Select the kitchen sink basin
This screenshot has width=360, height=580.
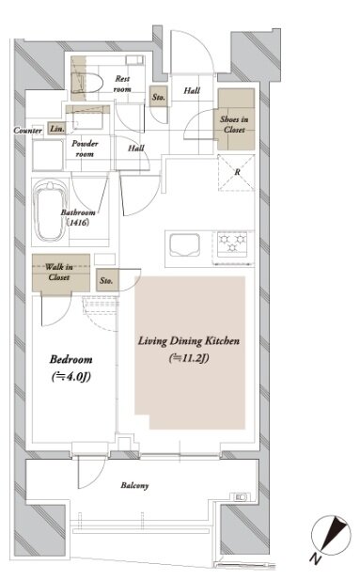(x=184, y=244)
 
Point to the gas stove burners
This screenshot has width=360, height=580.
(x=232, y=243)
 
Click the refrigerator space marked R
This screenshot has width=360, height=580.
(x=237, y=172)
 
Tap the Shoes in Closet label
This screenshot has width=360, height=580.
(x=234, y=124)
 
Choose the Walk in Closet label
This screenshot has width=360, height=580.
(x=59, y=272)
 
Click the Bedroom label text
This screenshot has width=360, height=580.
(x=71, y=359)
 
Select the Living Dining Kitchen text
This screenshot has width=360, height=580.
(x=189, y=340)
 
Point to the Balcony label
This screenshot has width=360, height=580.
(x=134, y=485)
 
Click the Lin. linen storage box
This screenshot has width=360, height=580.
(x=57, y=129)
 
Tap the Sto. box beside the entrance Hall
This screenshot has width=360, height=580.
(x=158, y=97)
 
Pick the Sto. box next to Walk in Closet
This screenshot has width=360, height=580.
(x=106, y=280)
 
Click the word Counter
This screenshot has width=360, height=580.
(x=28, y=131)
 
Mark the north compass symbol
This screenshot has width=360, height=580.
(x=331, y=535)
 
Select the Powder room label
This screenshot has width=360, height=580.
(x=85, y=149)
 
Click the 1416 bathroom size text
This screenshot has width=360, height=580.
(x=78, y=222)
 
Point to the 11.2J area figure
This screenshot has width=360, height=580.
(x=189, y=358)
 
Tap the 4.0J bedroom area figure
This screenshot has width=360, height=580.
(x=71, y=377)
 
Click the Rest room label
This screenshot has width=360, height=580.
(x=122, y=84)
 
